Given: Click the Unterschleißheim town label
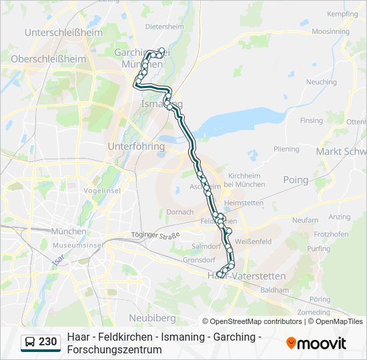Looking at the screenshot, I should pyautogui.click(x=63, y=32).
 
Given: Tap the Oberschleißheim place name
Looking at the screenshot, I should pyautogui.click(x=49, y=59).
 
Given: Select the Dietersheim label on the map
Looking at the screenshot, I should pyautogui.click(x=164, y=27).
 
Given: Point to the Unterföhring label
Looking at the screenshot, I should pyautogui.click(x=136, y=146).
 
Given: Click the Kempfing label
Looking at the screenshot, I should pyautogui.click(x=342, y=13).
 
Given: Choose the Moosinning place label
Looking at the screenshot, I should pyautogui.click(x=330, y=31).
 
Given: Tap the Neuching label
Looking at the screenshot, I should pyautogui.click(x=321, y=82).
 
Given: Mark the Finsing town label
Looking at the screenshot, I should pyautogui.click(x=311, y=121).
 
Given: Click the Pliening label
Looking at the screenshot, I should pyautogui.click(x=286, y=149).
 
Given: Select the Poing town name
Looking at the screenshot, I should pyautogui.click(x=296, y=179).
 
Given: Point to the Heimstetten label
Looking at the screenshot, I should pyautogui.click(x=244, y=203).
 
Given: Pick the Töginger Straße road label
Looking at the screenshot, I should pyautogui.click(x=156, y=235).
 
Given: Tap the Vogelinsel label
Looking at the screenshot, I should pyautogui.click(x=102, y=191).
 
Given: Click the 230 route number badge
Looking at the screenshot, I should pyautogui.click(x=47, y=342).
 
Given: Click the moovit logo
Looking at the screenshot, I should pyautogui.click(x=316, y=343).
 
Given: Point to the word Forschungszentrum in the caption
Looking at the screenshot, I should pyautogui.click(x=114, y=349).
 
